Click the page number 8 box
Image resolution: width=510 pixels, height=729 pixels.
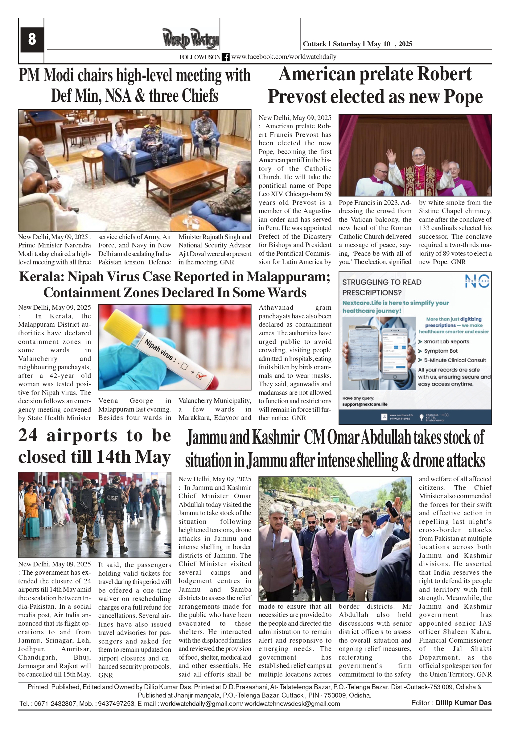pyautogui.click(x=32, y=39)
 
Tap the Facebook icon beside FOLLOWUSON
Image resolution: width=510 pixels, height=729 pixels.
pyautogui.click(x=225, y=57)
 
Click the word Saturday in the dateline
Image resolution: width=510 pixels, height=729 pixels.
pyautogui.click(x=347, y=44)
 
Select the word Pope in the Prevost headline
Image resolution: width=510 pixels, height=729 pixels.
pyautogui.click(x=463, y=97)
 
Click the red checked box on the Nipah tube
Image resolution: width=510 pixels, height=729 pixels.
pyautogui.click(x=200, y=376)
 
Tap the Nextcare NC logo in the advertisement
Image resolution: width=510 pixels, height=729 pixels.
pyautogui.click(x=477, y=282)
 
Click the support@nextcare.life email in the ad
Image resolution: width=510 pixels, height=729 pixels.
pyautogui.click(x=365, y=404)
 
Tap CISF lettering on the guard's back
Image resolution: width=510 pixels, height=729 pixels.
pyautogui.click(x=112, y=498)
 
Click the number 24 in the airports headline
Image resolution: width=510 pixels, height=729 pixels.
pyautogui.click(x=28, y=435)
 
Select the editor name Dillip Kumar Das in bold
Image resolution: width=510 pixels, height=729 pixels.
pyautogui.click(x=463, y=703)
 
